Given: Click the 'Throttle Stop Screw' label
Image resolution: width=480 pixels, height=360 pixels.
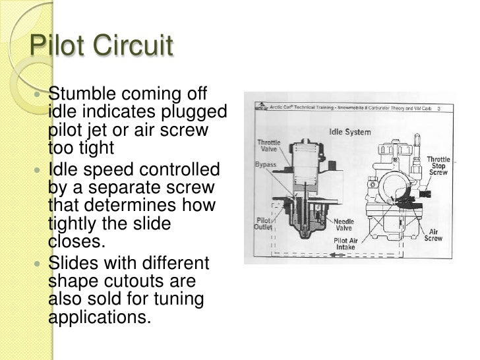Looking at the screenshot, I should pyautogui.click(x=438, y=165).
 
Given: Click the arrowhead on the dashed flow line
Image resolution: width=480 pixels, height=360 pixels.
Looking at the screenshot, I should pyautogui.click(x=336, y=256).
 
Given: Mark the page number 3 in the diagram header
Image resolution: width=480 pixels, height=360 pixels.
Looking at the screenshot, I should pyautogui.click(x=439, y=109).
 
